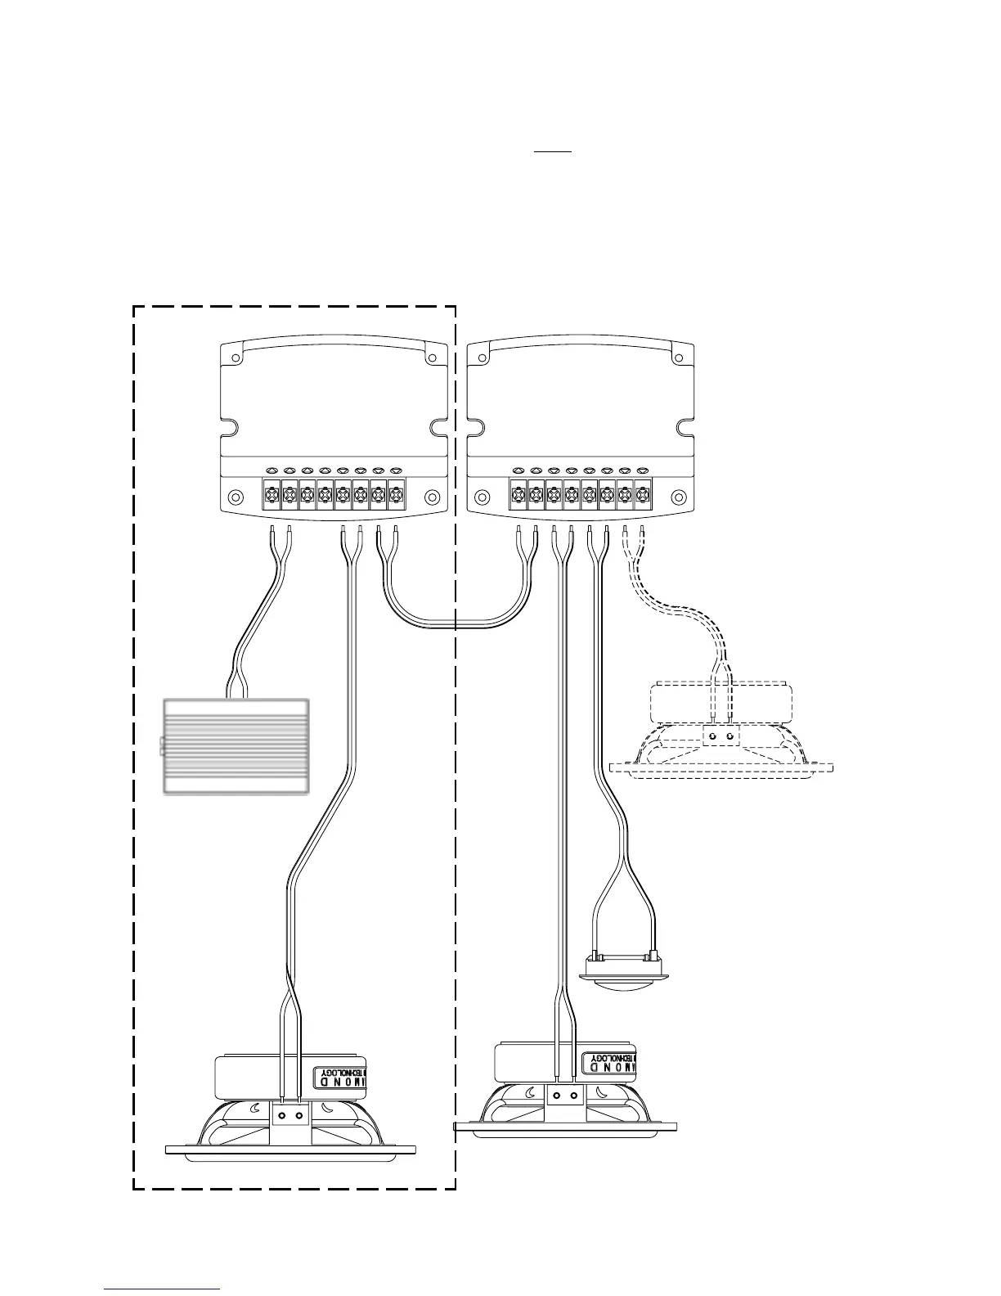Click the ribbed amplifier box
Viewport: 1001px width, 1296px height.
pos(236,746)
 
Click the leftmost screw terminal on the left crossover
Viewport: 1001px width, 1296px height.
pos(271,495)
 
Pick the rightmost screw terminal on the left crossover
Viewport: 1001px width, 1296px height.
pos(397,495)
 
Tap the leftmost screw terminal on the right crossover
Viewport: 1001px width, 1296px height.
pos(518,495)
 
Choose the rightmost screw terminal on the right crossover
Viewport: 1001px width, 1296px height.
pos(644,495)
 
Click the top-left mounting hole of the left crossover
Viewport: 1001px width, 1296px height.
pos(235,358)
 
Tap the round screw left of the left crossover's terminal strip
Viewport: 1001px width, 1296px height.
pos(236,497)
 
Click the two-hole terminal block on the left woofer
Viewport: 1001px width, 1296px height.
pos(290,1115)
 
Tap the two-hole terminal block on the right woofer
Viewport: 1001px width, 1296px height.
pos(565,1096)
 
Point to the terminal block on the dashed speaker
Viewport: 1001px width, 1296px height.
pos(720,736)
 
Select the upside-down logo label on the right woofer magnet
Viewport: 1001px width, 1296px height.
pos(609,1063)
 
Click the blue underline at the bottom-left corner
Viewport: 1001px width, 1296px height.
pos(162,1289)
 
